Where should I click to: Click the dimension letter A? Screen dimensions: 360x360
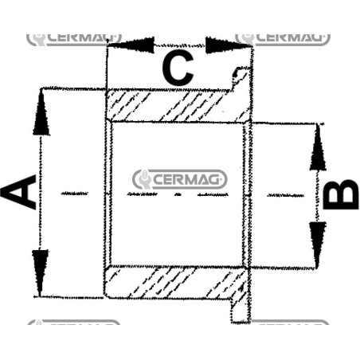(x=18, y=192)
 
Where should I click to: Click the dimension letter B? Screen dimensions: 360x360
(x=341, y=195)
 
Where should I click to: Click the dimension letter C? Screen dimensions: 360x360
(x=178, y=68)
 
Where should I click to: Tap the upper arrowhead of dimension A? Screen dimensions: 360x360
(x=41, y=112)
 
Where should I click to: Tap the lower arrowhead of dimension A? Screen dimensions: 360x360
(x=40, y=272)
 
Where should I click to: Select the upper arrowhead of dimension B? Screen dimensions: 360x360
(x=318, y=147)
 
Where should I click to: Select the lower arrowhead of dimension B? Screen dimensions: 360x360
(x=318, y=245)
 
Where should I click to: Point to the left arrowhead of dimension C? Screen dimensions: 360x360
(x=131, y=45)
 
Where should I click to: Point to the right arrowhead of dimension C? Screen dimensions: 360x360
(x=229, y=45)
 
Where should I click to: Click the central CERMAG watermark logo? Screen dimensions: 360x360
(x=180, y=179)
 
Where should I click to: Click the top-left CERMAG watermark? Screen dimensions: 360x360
(x=74, y=39)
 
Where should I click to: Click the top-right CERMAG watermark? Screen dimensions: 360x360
(x=283, y=39)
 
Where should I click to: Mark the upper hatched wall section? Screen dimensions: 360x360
(x=178, y=106)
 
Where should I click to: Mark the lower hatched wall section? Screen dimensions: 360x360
(x=176, y=282)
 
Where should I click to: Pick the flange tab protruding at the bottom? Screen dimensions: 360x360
(x=241, y=310)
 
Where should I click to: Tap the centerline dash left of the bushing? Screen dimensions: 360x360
(x=75, y=194)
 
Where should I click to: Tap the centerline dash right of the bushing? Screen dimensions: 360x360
(x=285, y=195)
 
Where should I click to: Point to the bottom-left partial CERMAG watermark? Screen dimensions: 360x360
(x=74, y=322)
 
